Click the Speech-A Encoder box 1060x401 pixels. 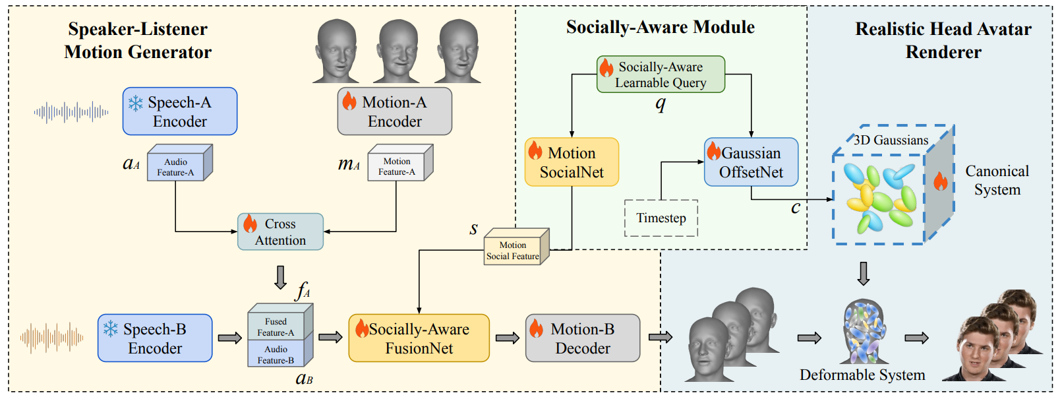pos(179,111)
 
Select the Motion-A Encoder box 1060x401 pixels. pos(394,111)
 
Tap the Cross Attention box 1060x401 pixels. pos(280,231)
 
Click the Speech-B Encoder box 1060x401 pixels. pos(155,338)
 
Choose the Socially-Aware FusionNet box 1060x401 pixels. pos(419,338)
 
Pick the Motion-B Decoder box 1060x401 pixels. pos(583,338)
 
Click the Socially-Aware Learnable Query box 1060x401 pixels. pos(661,75)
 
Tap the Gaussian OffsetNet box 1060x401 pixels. pos(751,162)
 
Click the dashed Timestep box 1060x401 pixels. pos(661,218)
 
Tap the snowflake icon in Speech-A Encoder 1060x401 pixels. pos(135,103)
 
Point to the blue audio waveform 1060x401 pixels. pos(71,113)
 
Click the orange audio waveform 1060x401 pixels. pos(51,338)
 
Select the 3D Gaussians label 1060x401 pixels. pos(891,140)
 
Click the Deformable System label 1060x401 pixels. pos(862,375)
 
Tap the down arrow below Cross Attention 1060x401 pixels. pos(280,277)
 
